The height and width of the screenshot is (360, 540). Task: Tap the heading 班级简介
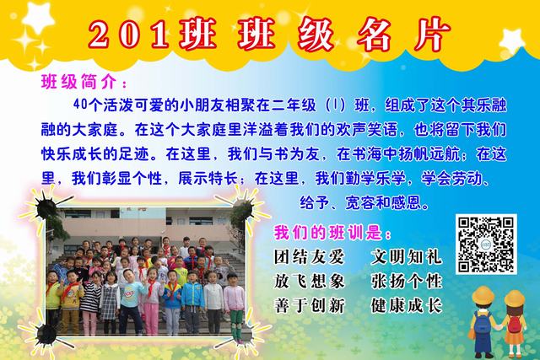click(x=80, y=82)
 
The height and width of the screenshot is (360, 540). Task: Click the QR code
click(x=486, y=244)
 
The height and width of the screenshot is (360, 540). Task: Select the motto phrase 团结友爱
click(x=309, y=257)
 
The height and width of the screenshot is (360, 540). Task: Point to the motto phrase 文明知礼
click(x=406, y=257)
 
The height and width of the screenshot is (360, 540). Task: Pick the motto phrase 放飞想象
click(x=309, y=282)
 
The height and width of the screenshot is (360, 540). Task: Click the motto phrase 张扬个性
click(x=406, y=282)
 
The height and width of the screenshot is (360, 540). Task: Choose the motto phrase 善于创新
click(x=309, y=305)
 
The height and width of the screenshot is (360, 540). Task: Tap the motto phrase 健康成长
click(x=406, y=305)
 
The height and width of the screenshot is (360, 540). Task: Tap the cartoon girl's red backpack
click(x=514, y=325)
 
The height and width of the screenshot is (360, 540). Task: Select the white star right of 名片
click(x=512, y=41)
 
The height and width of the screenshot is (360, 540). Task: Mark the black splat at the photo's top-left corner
click(x=45, y=207)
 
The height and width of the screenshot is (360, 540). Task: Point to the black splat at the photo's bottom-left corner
click(x=46, y=335)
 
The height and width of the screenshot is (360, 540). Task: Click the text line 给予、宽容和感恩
click(x=365, y=202)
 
